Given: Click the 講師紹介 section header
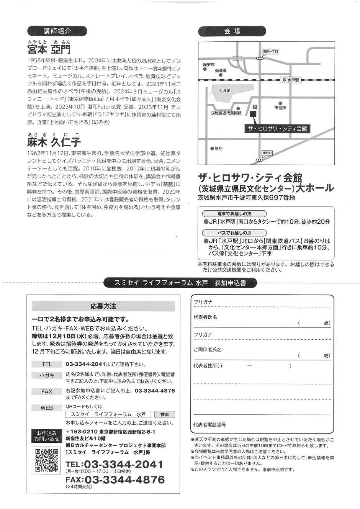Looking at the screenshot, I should (x=57, y=31).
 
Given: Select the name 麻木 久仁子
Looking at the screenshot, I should (x=54, y=142).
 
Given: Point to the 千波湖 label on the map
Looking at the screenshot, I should (x=224, y=91).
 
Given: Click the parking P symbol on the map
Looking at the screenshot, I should (x=255, y=107).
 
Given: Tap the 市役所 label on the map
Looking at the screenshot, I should (x=280, y=108).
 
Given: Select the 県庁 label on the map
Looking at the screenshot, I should (x=219, y=148).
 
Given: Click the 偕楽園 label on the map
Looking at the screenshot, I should (x=221, y=71).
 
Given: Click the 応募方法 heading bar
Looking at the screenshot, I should (x=103, y=306).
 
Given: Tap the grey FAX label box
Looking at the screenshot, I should (x=47, y=391).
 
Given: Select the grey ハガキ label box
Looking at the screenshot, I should (x=47, y=375).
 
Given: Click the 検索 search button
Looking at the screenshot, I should (x=165, y=414).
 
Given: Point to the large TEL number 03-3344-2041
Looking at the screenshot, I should (x=123, y=465).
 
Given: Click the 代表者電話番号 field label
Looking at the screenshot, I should (x=210, y=425).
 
